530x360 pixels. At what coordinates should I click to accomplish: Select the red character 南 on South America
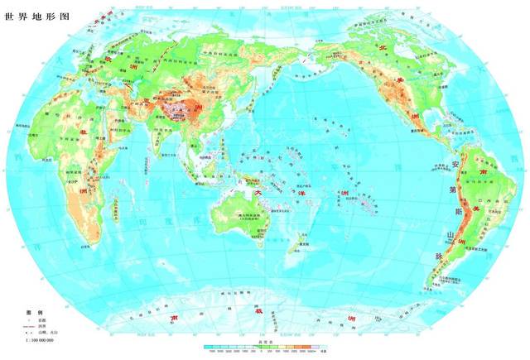[483, 171]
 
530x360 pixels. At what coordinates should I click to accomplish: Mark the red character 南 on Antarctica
[175, 318]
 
